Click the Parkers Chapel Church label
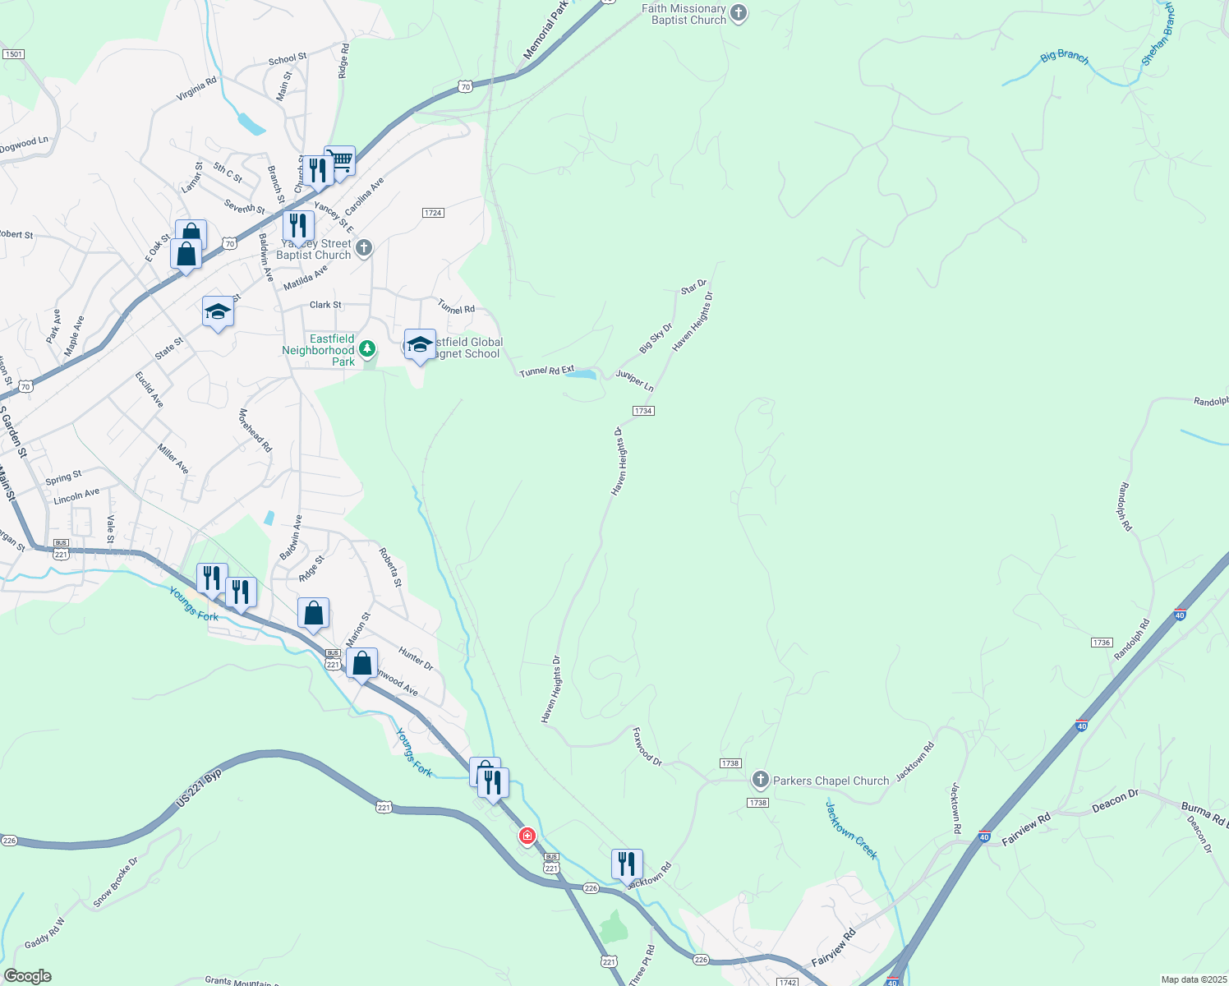coord(831,781)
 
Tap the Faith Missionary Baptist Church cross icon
coord(739,13)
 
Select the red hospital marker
coord(527,836)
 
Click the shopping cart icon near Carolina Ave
coord(340,160)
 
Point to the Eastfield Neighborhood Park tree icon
coord(367,349)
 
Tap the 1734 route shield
coord(643,411)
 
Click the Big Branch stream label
coord(1064,57)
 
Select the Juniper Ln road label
coord(635,380)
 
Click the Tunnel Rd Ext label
coord(546,371)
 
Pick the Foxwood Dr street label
coord(647,746)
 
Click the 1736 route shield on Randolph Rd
coord(1102,643)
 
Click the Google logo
coord(28,976)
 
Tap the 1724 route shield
coord(433,213)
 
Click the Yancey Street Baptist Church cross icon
coord(364,247)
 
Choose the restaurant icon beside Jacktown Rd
coord(627,864)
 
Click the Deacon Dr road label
coord(1115,800)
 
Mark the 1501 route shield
coord(13,54)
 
